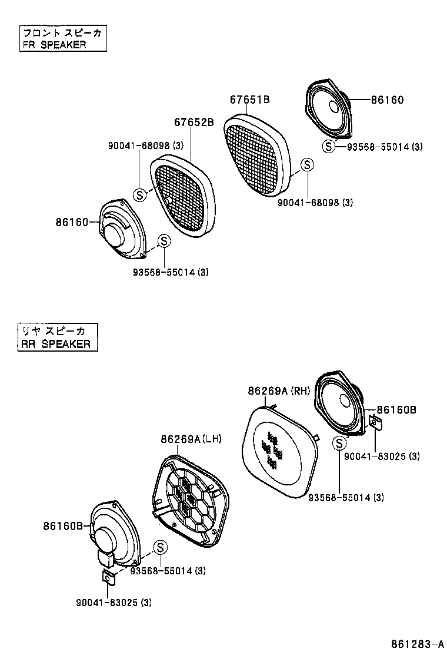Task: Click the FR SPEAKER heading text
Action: tap(54, 45)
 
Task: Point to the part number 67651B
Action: tap(249, 100)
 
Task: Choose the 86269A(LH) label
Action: tap(191, 439)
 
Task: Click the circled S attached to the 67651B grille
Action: tap(306, 166)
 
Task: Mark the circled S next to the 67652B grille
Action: tap(139, 193)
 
